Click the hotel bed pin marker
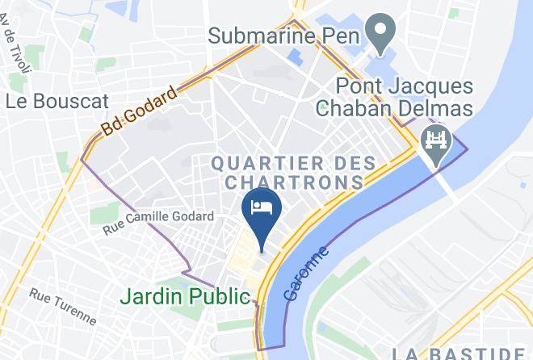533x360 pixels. (261, 208)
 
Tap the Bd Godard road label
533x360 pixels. (139, 115)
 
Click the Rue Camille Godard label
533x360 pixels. (158, 223)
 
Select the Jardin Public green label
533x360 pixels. (185, 296)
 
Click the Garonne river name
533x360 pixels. (308, 274)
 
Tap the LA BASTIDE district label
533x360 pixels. (458, 353)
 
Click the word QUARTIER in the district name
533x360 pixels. (261, 163)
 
